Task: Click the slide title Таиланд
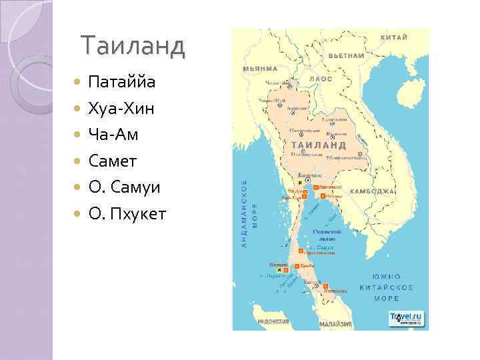pos(132,45)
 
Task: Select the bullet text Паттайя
pos(122,83)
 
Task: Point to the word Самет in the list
pos(114,161)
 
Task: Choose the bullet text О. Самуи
pos(124,187)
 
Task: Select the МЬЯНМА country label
pos(259,69)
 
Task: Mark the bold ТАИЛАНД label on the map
pos(318,144)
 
